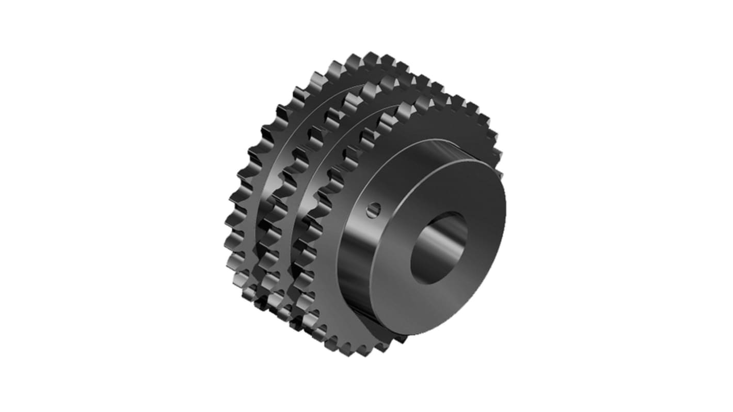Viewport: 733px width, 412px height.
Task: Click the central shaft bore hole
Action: [439, 248]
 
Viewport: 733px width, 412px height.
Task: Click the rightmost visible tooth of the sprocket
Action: [497, 155]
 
